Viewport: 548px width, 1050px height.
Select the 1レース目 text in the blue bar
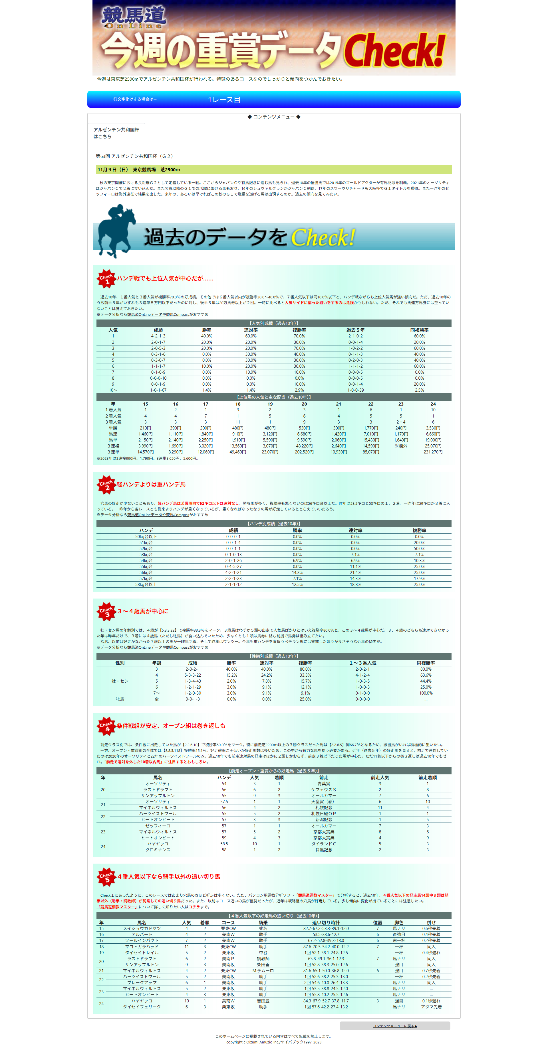(x=224, y=100)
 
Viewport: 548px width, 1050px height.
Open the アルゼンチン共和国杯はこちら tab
(x=116, y=133)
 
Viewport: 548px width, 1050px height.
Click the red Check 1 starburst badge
(x=106, y=279)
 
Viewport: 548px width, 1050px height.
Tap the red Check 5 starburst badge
(x=106, y=876)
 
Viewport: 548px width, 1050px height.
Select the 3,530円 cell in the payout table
(x=433, y=428)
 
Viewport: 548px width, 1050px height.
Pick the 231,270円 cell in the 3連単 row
(x=433, y=452)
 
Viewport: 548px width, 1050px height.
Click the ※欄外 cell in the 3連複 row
(x=401, y=446)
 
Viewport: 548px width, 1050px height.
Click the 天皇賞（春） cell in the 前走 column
(x=324, y=801)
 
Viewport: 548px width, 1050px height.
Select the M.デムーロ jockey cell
(x=263, y=970)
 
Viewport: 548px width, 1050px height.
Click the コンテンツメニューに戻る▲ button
(x=394, y=1025)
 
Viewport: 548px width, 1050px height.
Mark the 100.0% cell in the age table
(x=426, y=693)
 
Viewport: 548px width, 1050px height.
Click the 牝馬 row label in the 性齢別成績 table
(x=120, y=699)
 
